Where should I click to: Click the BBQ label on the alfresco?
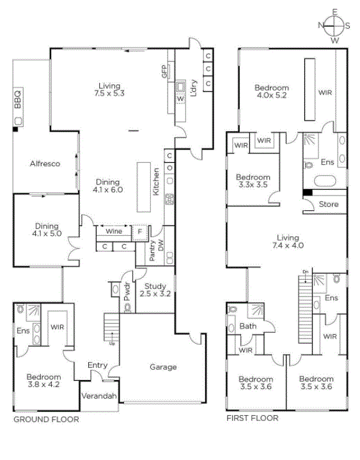18,100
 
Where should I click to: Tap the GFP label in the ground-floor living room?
164,72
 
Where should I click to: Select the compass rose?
334,26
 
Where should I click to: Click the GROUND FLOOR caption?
47,420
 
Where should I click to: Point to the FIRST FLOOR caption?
252,418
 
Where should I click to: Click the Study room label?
155,286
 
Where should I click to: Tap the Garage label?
163,367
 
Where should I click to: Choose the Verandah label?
99,396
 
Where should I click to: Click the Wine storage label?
114,231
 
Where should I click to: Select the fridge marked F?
140,233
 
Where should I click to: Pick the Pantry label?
152,251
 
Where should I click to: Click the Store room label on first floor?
329,204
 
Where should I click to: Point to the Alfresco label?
45,164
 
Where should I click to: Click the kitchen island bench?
144,187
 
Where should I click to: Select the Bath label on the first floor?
248,326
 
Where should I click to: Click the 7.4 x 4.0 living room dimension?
288,245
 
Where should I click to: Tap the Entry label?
97,365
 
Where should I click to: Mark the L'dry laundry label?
194,88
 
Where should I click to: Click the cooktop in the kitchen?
169,199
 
